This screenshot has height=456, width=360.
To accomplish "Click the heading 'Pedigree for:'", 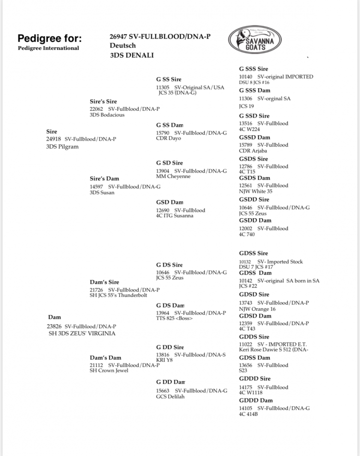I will click(x=49, y=38).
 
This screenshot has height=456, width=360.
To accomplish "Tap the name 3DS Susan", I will click(x=102, y=192).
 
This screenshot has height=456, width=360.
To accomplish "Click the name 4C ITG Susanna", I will click(x=175, y=216).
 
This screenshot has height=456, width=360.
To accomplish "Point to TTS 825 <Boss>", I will click(x=174, y=318).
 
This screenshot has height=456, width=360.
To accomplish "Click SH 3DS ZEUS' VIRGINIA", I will click(x=82, y=333).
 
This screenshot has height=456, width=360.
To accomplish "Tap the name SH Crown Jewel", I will click(x=109, y=371).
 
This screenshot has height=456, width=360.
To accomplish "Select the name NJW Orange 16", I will click(x=257, y=309).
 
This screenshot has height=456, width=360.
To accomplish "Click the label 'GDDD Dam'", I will click(x=256, y=400).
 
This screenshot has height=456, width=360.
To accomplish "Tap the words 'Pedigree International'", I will click(x=48, y=48).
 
